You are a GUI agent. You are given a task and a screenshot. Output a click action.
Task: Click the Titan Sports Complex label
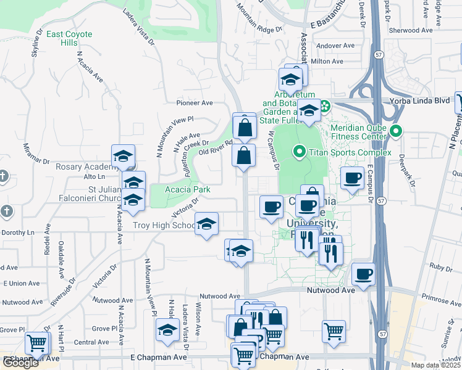[350, 152]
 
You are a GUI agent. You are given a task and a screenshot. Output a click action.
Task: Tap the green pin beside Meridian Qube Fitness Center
[396, 131]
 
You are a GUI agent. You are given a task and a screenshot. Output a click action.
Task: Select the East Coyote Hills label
[69, 39]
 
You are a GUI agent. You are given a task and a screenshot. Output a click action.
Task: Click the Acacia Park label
[188, 189]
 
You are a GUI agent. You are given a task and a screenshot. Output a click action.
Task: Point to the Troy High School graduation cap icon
[207, 223]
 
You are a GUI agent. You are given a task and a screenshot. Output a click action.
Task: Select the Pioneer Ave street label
[195, 103]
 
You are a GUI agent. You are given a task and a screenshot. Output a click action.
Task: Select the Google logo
[20, 363]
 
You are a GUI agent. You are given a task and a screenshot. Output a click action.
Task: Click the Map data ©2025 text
[435, 366]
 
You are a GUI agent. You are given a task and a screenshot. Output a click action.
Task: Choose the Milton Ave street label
[328, 61]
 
